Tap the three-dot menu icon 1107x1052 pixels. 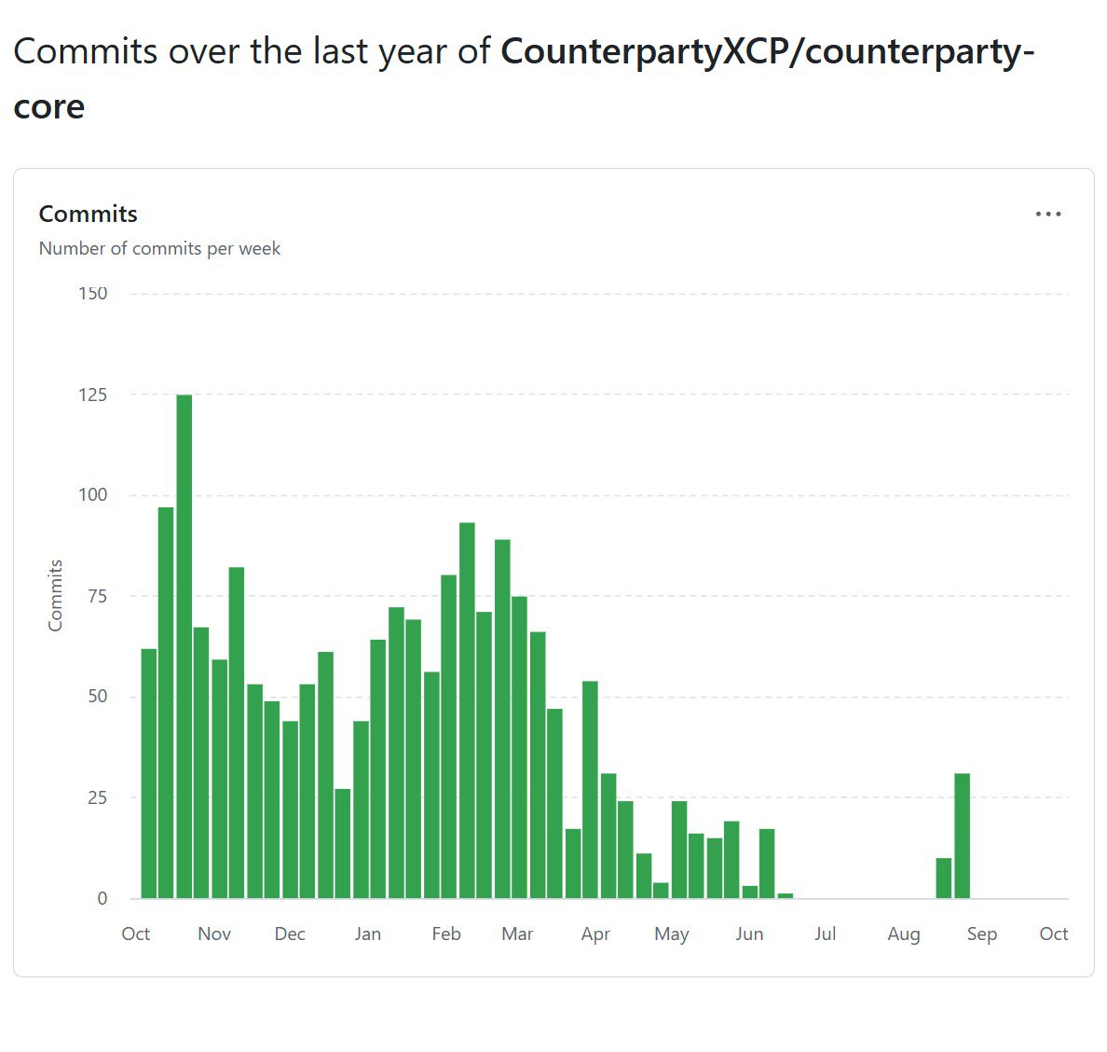pyautogui.click(x=1048, y=215)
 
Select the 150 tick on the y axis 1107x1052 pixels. pyautogui.click(x=93, y=294)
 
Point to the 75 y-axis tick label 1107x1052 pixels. pyautogui.click(x=97, y=596)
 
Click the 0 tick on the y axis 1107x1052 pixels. pyautogui.click(x=102, y=898)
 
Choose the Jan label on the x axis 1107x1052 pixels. pyautogui.click(x=368, y=934)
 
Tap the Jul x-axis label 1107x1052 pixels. pyautogui.click(x=826, y=934)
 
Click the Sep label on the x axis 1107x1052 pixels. pyautogui.click(x=982, y=934)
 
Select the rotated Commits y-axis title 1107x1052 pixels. pyautogui.click(x=56, y=596)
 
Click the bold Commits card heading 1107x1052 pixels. pyautogui.click(x=89, y=215)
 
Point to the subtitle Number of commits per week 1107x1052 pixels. pyautogui.click(x=159, y=249)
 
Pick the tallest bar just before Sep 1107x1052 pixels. pyautogui.click(x=963, y=836)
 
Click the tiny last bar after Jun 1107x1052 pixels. pyautogui.click(x=786, y=895)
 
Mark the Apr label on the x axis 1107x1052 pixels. pyautogui.click(x=595, y=934)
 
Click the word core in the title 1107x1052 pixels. pyautogui.click(x=49, y=106)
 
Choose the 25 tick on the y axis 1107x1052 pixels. pyautogui.click(x=97, y=797)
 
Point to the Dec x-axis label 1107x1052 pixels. pyautogui.click(x=290, y=934)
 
